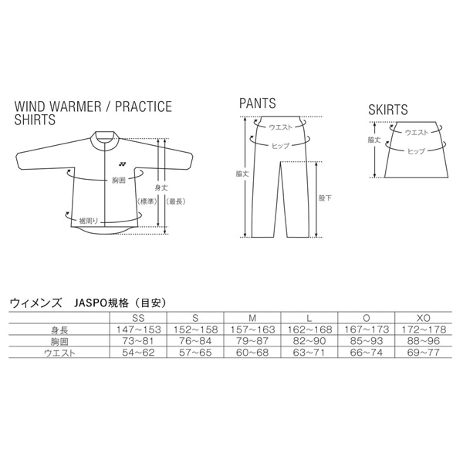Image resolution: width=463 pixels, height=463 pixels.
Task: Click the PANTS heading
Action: point(258,103)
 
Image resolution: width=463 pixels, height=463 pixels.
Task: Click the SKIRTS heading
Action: point(387,110)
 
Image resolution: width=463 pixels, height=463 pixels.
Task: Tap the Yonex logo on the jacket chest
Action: point(122,164)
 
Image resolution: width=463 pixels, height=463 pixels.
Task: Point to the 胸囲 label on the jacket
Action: point(119,180)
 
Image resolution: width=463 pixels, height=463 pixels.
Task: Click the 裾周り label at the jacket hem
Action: point(88,221)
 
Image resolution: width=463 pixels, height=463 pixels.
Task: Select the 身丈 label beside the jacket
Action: point(161,188)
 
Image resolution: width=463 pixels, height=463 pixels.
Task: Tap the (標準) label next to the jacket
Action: point(147,201)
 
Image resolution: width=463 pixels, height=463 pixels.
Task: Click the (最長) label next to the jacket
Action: point(176,201)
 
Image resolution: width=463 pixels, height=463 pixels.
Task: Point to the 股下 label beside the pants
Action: point(325,198)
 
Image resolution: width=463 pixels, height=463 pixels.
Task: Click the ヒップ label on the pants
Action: point(280,146)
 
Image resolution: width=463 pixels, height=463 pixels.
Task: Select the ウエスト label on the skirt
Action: point(417,132)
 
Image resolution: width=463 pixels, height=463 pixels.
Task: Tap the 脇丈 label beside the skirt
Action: point(374,140)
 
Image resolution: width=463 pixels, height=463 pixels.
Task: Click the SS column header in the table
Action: point(138,318)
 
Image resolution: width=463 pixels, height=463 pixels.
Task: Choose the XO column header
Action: point(424,318)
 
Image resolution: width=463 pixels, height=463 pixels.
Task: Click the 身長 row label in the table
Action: point(59,330)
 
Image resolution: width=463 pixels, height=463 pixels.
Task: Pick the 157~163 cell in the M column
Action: point(252,330)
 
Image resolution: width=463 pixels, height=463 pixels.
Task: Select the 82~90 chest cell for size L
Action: point(309,341)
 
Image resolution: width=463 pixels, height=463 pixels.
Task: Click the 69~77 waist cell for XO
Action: point(424,353)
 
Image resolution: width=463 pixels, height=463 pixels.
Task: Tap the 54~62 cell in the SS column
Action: point(138,353)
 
